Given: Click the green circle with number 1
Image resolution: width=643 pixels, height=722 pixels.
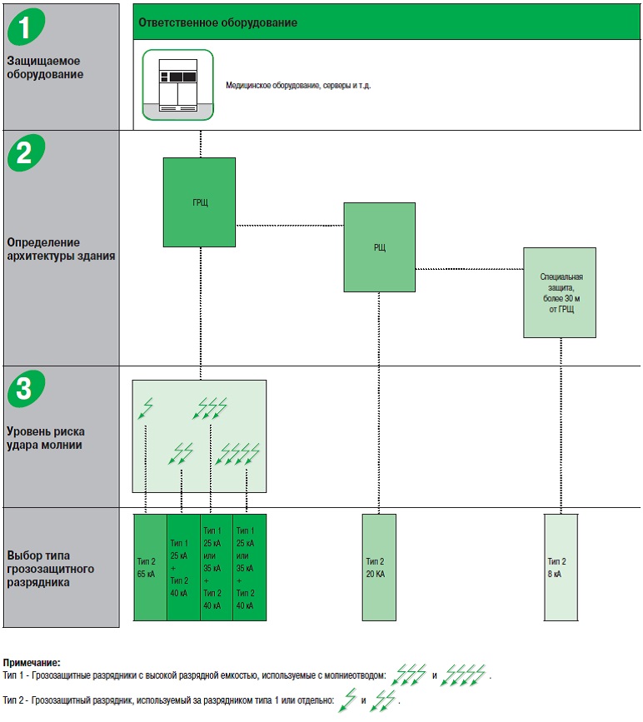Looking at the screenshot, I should point(27,27).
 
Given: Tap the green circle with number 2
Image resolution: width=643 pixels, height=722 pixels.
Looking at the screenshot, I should point(27,152).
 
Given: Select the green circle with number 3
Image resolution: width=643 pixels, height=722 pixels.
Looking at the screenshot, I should point(27,389).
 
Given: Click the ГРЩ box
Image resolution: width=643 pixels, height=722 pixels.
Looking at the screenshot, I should point(199,202).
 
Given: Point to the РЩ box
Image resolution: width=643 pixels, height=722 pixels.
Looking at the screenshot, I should point(379,246).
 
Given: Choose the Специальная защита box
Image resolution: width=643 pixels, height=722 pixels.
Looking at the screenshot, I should point(559,292).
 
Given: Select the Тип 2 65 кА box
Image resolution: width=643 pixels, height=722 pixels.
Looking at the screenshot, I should point(150,567).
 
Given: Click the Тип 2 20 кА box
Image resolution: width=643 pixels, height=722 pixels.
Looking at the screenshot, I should point(379,567).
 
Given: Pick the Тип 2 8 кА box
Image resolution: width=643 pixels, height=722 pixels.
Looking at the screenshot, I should point(560,567).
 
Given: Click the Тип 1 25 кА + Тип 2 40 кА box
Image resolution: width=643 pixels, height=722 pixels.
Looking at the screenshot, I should point(182,567).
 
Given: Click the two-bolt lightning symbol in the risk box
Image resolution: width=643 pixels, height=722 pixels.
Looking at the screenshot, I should point(182,453).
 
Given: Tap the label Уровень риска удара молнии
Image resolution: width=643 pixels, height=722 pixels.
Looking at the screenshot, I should point(45,438).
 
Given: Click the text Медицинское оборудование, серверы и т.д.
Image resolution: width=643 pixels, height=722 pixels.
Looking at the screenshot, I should point(297,85).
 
